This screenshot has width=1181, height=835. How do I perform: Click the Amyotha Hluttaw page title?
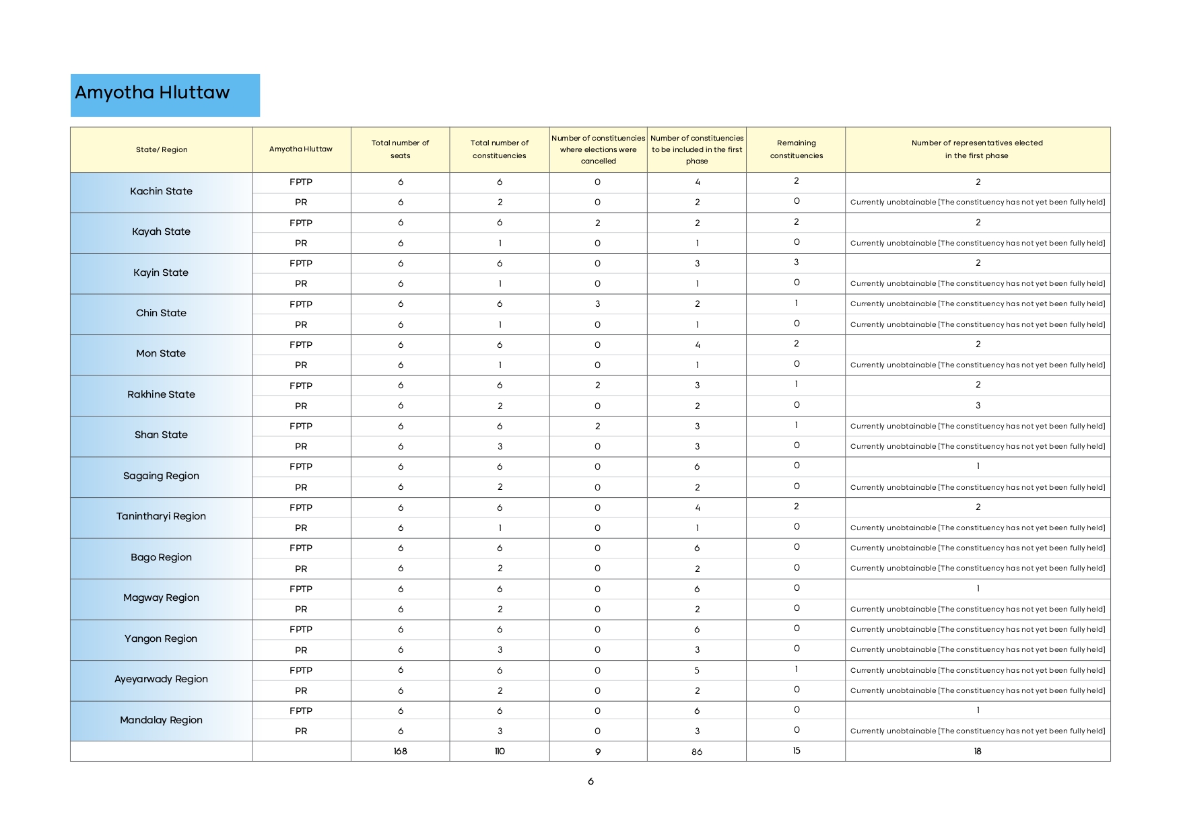152,93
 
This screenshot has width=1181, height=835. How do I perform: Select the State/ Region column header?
162,149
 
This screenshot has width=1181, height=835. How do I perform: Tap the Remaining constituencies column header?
797,149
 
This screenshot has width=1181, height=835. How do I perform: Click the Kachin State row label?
161,191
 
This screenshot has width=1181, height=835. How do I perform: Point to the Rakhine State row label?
161,394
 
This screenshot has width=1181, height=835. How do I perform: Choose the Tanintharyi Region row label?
161,516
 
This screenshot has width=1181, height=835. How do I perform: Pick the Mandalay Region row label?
161,720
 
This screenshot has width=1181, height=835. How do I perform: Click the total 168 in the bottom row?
401,752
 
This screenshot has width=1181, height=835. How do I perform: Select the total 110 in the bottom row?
500,752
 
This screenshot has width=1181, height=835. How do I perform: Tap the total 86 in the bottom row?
697,752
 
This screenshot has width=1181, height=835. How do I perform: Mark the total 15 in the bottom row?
797,751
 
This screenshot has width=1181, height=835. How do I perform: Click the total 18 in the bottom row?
978,752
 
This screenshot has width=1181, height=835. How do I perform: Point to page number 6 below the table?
590,782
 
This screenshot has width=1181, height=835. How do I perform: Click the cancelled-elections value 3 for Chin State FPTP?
597,304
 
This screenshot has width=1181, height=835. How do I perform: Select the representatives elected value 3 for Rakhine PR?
978,406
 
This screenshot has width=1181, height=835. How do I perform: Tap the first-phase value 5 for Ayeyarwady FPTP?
697,671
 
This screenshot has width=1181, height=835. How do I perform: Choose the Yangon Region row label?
161,639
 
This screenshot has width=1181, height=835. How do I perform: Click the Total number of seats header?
401,149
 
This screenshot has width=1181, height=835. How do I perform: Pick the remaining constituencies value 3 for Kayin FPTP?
797,262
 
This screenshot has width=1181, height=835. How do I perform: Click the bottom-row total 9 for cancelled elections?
597,752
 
